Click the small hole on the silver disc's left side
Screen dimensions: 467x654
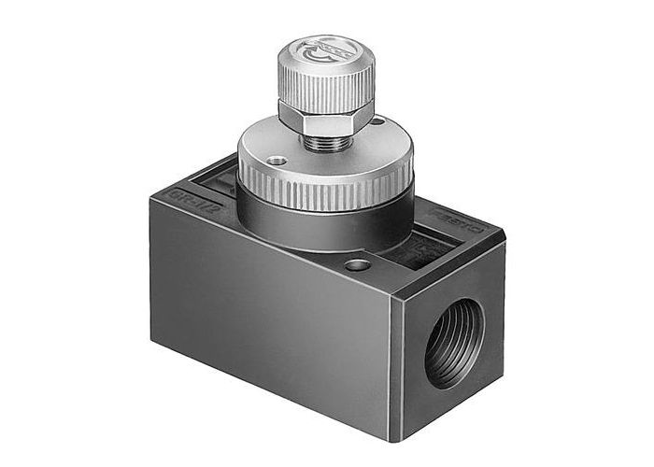tap(277, 162)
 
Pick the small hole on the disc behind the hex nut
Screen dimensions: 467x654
tap(377, 120)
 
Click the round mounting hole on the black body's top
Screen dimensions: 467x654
tap(356, 265)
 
